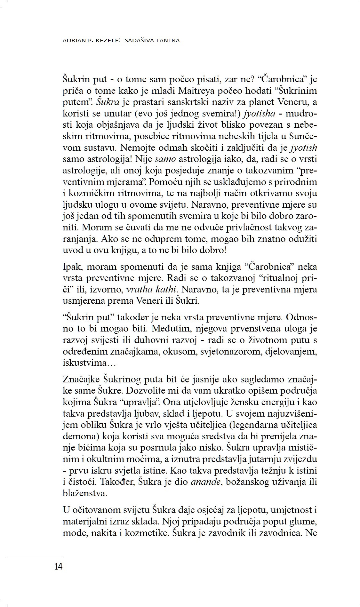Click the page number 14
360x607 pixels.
pos(59,567)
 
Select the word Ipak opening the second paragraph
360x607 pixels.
pos(72,267)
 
